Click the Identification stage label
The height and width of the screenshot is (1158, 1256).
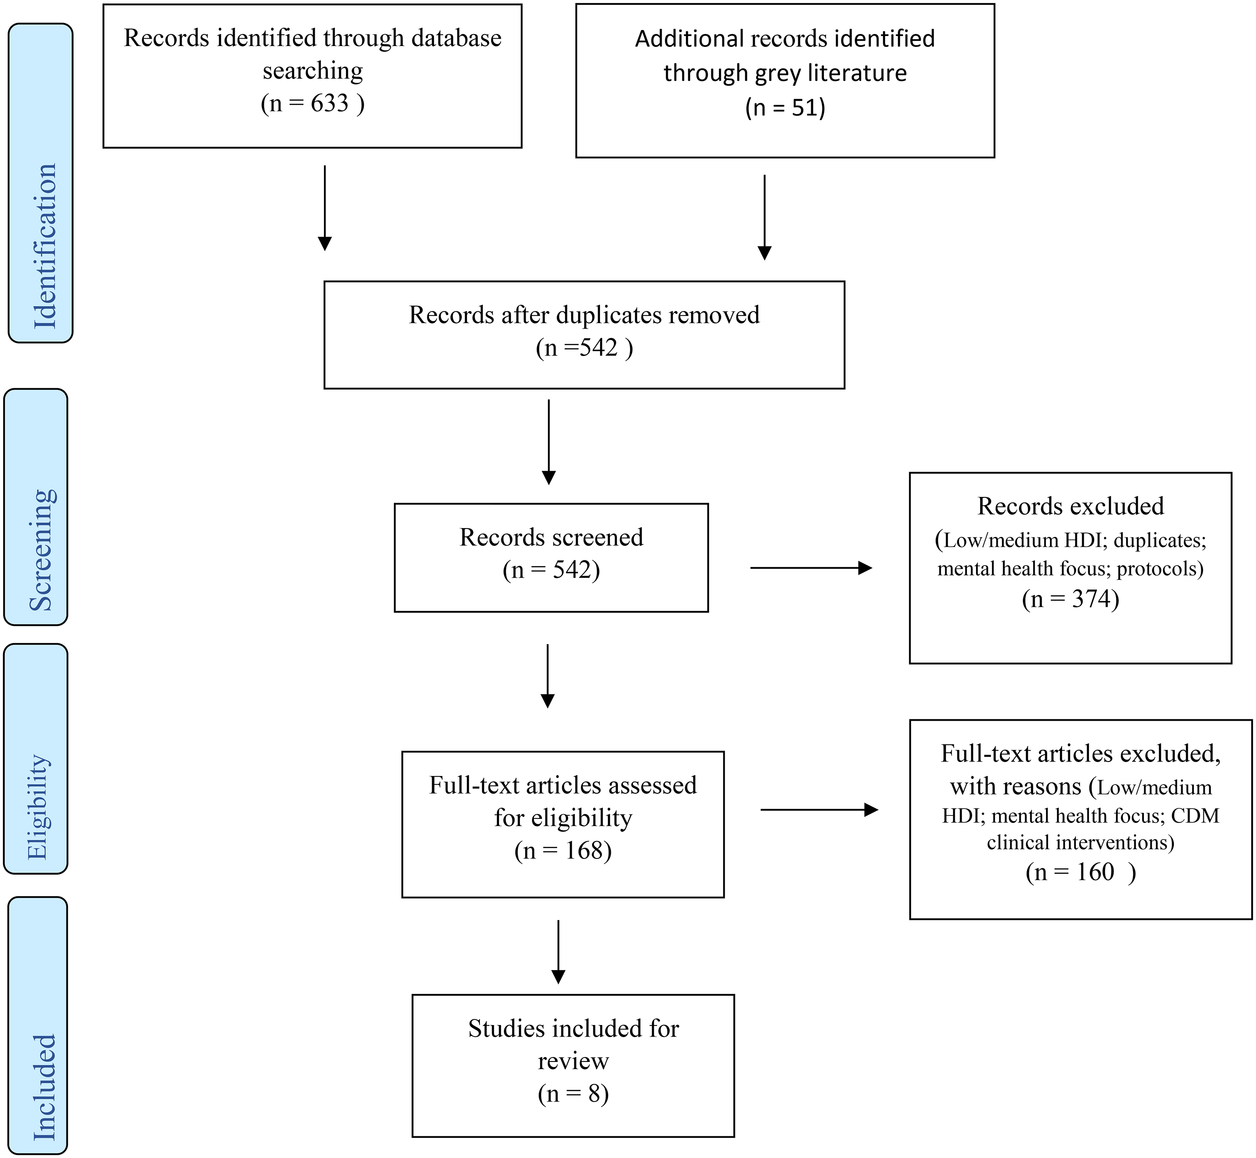(x=45, y=246)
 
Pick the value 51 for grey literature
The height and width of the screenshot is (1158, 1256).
(x=804, y=108)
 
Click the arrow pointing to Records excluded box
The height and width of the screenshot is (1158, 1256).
(x=811, y=568)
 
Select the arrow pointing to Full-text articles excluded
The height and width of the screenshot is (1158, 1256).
(x=819, y=809)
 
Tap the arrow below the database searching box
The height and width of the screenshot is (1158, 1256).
(x=325, y=208)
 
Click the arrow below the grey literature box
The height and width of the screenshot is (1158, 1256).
(x=765, y=217)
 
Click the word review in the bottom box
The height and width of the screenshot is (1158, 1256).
(x=573, y=1061)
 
